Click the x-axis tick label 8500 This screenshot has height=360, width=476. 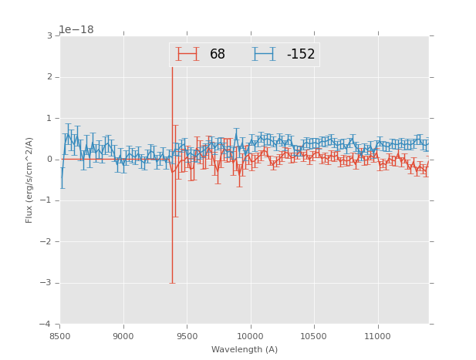[60, 335]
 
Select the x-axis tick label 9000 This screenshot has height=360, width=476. [123, 335]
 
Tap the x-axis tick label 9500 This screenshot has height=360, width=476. [187, 335]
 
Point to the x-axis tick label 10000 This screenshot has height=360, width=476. [250, 335]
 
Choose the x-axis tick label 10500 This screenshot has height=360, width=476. [314, 335]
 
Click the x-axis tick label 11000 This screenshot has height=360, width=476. [377, 335]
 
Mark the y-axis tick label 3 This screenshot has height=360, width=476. [49, 36]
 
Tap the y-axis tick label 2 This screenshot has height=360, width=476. [49, 77]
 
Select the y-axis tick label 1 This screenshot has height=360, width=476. [49, 118]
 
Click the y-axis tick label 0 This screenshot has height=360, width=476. [49, 160]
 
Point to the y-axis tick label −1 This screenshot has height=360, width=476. [47, 200]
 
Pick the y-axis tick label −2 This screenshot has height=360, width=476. [47, 241]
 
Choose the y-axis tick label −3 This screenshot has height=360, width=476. [47, 283]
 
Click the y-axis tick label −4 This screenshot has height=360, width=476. [47, 324]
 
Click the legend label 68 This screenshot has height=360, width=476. [218, 55]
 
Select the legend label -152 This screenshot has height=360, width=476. [300, 55]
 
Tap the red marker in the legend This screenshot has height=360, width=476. [187, 54]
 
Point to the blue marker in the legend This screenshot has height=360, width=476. [264, 54]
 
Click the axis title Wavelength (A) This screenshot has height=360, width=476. [245, 350]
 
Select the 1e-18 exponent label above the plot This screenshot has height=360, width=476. [76, 30]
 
